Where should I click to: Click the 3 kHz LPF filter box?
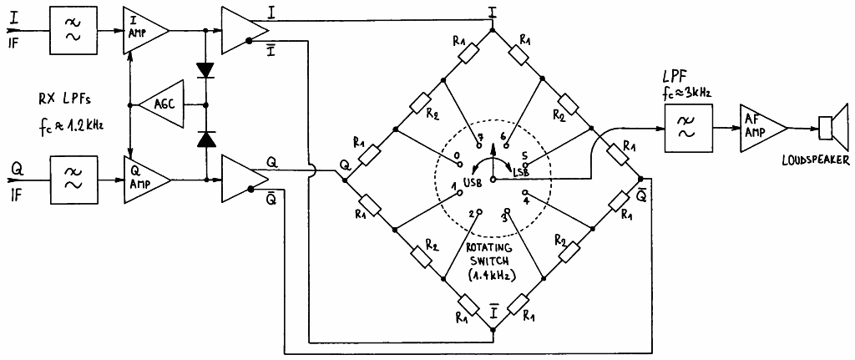coord(688,129)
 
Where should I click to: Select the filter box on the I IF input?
coord(74,31)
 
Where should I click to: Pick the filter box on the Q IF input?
coord(74,180)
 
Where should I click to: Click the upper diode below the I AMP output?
coord(205,70)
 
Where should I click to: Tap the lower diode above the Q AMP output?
coord(205,140)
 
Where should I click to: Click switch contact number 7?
coord(479,146)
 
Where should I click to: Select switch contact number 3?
coord(506,210)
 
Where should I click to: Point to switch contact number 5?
coord(526,165)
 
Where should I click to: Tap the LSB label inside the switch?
coord(521,172)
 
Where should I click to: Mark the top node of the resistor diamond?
coord(493,31)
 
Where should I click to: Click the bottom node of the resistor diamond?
coord(493,329)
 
